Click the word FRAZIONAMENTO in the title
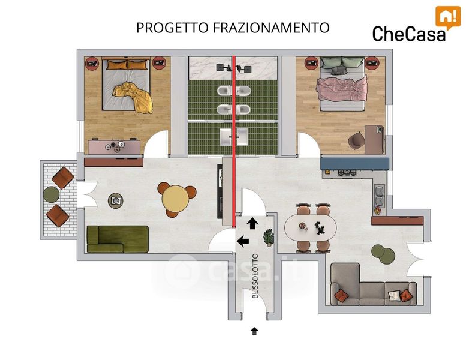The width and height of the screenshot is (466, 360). point(271,28)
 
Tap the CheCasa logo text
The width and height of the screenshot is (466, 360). point(409,33)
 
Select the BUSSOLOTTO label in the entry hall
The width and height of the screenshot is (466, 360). point(255,276)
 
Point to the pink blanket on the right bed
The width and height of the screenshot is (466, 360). point(342,88)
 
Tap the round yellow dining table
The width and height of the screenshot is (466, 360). point(175,198)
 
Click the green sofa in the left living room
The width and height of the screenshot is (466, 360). point(118,239)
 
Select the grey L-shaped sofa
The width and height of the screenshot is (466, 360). point(373,285)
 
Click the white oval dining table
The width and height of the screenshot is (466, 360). point(311,229)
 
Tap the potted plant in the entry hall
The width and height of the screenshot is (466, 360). point(269,238)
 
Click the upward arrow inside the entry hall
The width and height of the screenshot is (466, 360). point(252,223)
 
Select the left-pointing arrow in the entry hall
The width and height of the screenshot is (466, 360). point(243,241)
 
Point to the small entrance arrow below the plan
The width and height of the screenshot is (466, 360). point(254,331)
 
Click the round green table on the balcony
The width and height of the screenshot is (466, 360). point(52,195)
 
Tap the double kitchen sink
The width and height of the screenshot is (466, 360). point(380,196)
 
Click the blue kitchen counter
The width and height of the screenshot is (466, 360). point(354,164)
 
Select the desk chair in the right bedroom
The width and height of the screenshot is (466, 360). point(356,140)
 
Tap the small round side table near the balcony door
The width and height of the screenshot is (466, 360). point(115,200)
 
